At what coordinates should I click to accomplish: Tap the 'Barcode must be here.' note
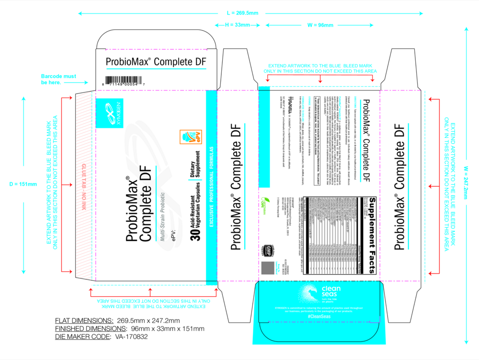pos(58,79)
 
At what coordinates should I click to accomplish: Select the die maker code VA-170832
pos(131,337)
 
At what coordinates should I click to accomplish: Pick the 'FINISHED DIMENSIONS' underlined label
pos(90,328)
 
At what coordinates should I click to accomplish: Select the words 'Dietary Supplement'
pos(194,180)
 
